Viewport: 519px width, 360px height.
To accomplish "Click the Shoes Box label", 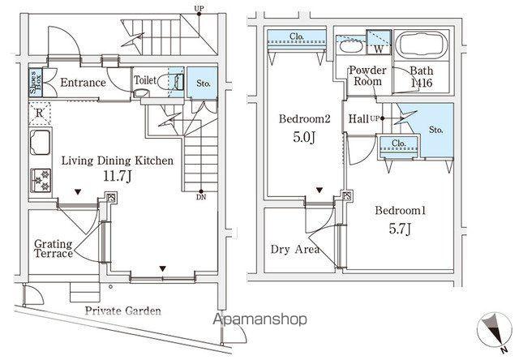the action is [35, 82].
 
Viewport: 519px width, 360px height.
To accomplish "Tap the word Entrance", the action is [83, 83].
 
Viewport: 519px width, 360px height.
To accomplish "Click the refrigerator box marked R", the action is [40, 114].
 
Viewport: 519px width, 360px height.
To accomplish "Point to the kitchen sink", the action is [40, 142].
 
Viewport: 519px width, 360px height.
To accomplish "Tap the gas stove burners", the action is [41, 181].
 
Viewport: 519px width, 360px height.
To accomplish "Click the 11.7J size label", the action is [118, 176].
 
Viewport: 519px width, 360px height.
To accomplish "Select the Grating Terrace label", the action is [54, 249].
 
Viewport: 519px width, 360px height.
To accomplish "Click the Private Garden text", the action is [122, 311].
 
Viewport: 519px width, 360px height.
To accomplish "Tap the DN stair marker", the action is [201, 197].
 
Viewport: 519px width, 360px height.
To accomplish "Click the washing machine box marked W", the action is [379, 42].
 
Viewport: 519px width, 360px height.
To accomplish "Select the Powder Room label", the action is [367, 75].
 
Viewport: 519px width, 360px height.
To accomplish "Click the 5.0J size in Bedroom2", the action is [304, 136].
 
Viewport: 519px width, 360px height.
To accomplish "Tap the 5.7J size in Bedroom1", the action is [400, 229].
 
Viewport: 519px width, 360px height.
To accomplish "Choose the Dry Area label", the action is [295, 249].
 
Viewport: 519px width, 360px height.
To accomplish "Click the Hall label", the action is [358, 118].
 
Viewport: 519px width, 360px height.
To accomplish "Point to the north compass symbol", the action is [494, 330].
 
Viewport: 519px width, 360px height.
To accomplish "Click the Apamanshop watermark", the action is [259, 320].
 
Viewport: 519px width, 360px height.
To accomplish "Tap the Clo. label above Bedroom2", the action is [297, 36].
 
